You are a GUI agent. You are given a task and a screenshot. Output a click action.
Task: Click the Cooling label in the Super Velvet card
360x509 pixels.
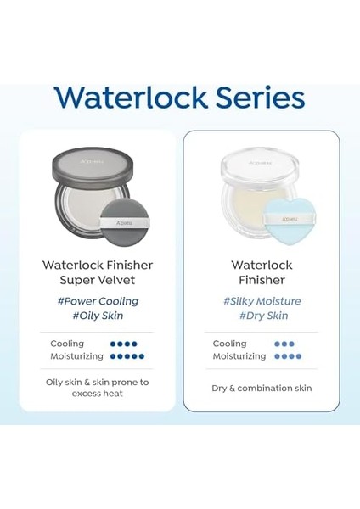click(x=67, y=344)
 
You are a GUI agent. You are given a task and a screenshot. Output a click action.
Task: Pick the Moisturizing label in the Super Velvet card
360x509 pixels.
click(x=77, y=356)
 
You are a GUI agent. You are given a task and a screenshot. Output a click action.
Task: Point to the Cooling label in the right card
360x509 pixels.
click(x=229, y=344)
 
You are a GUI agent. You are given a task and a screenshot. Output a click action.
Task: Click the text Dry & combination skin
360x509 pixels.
click(x=262, y=388)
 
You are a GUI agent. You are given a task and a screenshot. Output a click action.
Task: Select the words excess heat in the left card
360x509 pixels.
click(x=97, y=394)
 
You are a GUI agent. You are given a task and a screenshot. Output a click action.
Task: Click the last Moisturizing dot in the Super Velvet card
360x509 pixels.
click(x=142, y=356)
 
